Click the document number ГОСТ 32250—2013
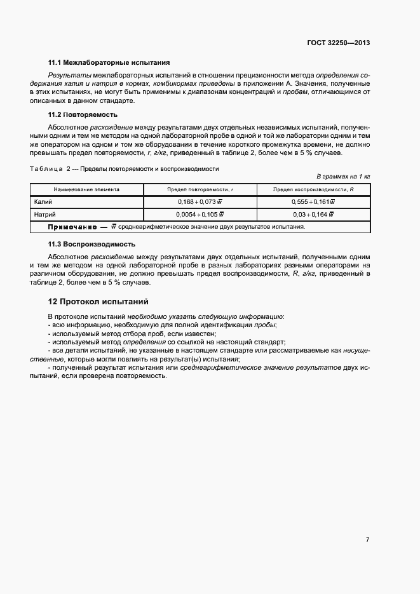(x=339, y=43)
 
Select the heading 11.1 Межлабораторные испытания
(x=109, y=63)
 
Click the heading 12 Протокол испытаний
(x=98, y=301)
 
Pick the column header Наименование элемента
(x=86, y=189)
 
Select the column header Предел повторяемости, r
(x=201, y=189)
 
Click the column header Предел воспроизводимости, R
(x=313, y=189)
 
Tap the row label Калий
(x=44, y=201)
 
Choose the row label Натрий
(x=46, y=214)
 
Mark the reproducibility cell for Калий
(x=313, y=201)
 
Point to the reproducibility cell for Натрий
(x=313, y=214)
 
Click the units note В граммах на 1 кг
(x=343, y=175)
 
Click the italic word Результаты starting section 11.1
(x=66, y=75)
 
